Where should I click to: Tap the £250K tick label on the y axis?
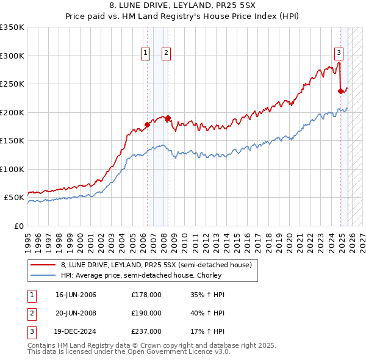(x=12, y=84)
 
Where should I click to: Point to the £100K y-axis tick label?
(x=12, y=169)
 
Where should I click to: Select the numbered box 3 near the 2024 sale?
(x=339, y=53)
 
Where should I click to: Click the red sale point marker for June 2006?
(x=147, y=124)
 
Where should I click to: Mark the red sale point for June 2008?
(x=168, y=118)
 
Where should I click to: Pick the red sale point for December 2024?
(x=340, y=92)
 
